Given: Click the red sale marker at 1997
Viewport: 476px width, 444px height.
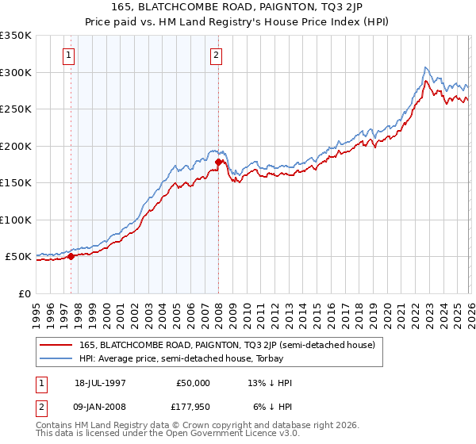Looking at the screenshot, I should [x=71, y=256].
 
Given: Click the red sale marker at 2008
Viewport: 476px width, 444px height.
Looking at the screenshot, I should [x=218, y=162].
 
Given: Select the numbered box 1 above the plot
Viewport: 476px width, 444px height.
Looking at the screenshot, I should [x=70, y=55].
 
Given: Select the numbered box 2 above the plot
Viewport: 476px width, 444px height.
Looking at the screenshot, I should [x=216, y=55].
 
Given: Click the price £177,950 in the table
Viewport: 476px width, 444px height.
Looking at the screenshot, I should [x=192, y=408].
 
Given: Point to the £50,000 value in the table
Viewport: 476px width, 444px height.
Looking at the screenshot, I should [x=192, y=383].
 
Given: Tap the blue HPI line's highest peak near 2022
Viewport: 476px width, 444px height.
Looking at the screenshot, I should [x=426, y=67].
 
